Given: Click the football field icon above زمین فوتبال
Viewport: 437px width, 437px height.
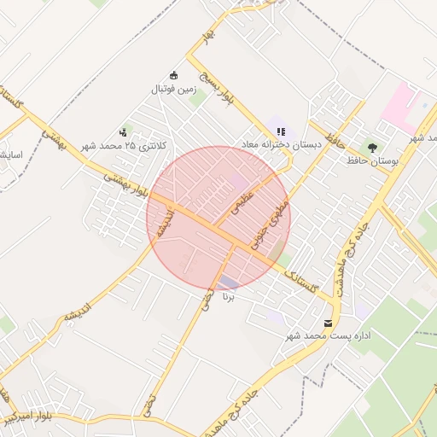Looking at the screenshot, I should pos(175,75).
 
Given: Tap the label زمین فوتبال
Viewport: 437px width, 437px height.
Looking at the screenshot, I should pos(175,88).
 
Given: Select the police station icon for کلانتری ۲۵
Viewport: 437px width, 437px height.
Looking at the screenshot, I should pos(124,132).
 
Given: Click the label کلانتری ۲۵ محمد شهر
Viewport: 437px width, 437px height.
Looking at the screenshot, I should pos(124,146).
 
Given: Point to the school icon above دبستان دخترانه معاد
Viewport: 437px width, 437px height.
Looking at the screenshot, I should pos(280,131).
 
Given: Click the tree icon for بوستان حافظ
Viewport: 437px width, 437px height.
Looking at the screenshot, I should pos(371,148).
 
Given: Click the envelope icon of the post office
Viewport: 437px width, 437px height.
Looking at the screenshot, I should pos(329,323).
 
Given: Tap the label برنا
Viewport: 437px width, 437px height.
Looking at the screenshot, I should pos(227,297).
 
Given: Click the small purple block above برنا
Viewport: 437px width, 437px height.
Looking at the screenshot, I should pos(229,283).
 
